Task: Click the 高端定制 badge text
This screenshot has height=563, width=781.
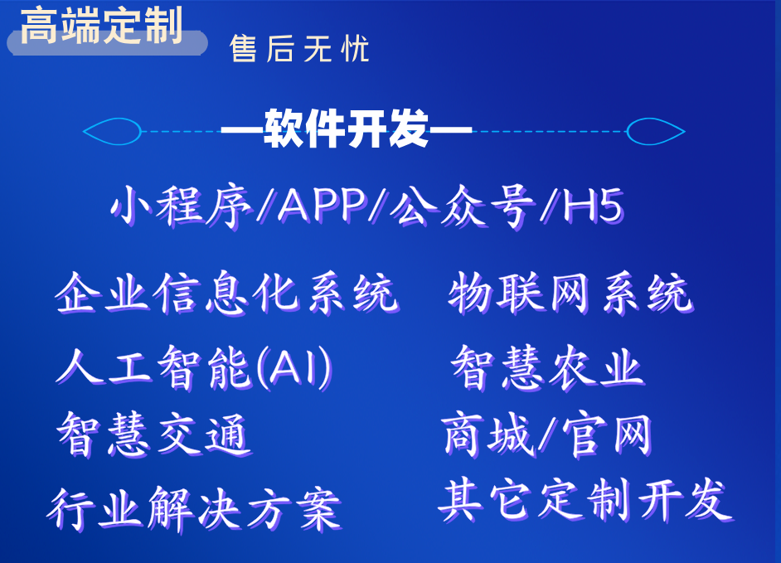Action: tap(102, 25)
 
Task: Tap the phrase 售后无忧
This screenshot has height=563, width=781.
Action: tap(299, 49)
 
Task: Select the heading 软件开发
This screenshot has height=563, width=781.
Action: tap(347, 129)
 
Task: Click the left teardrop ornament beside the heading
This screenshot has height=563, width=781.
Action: tap(112, 132)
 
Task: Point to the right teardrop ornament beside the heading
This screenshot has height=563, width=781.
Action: tap(656, 132)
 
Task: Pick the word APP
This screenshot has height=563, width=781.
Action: tap(323, 205)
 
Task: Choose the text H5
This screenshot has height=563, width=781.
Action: tap(593, 206)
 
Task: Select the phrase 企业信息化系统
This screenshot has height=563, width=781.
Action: tap(227, 294)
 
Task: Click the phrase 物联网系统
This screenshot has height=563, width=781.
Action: tap(570, 294)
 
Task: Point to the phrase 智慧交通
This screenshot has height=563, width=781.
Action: tap(154, 435)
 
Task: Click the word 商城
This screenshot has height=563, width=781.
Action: tap(488, 435)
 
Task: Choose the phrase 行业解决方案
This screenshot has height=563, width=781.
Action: tap(194, 509)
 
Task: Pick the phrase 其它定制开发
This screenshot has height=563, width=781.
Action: tap(585, 500)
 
